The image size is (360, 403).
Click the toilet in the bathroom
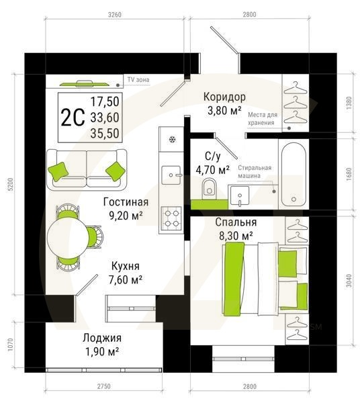(x=210, y=187)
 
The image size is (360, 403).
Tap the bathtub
(x=294, y=173)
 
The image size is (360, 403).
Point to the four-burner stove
(x=171, y=217)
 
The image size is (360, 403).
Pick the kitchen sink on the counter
(x=172, y=174)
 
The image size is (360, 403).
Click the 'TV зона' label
(x=138, y=80)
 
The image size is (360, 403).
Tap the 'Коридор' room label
(x=224, y=97)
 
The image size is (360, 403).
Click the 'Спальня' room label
(x=234, y=222)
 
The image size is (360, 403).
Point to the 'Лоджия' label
(x=102, y=338)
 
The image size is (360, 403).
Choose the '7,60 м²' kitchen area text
(x=130, y=279)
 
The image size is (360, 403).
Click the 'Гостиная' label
(x=126, y=201)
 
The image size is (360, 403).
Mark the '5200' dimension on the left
(x=9, y=190)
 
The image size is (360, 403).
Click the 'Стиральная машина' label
(x=254, y=171)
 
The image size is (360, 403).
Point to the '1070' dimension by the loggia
(x=9, y=345)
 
